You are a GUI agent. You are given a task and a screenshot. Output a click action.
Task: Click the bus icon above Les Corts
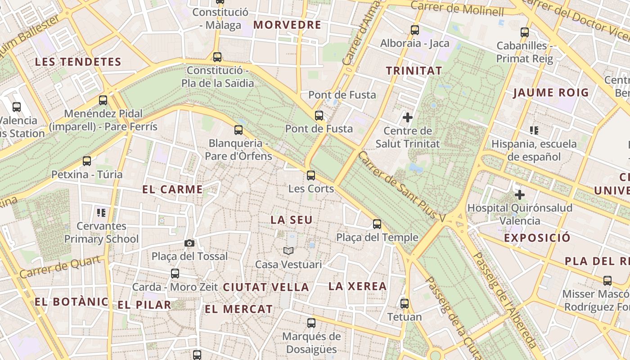[310, 175]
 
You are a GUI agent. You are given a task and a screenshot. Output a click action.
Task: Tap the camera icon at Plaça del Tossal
[189, 243]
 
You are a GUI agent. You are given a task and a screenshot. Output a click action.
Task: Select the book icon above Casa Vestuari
[288, 251]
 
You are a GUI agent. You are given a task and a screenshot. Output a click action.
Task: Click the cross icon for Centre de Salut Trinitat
[408, 118]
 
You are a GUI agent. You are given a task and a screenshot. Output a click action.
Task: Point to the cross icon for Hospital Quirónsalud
[520, 195]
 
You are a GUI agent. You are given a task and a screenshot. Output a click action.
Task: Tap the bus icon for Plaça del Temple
[377, 224]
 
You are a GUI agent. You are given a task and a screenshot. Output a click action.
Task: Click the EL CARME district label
[173, 189]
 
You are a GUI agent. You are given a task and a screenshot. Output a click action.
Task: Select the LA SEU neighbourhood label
[291, 220]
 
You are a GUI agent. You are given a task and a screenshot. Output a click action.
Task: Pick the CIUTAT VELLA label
[266, 287]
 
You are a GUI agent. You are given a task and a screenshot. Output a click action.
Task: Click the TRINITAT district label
[414, 71]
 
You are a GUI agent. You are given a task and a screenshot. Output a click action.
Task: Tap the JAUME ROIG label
[551, 93]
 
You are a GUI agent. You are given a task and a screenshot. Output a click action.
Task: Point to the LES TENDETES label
[78, 62]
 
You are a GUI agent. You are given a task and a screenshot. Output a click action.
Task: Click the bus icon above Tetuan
[405, 304]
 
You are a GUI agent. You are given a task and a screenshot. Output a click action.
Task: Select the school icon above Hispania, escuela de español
[534, 131]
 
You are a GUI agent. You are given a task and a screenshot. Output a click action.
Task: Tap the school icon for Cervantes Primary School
[101, 212]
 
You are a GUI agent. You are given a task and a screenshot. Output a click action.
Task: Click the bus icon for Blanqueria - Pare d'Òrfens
[238, 130]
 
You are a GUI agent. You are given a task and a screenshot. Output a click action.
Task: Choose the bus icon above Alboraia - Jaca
[415, 31]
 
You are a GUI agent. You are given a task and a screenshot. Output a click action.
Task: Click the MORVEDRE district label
[287, 25]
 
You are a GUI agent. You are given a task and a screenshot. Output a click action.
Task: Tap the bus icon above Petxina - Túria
[87, 161]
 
